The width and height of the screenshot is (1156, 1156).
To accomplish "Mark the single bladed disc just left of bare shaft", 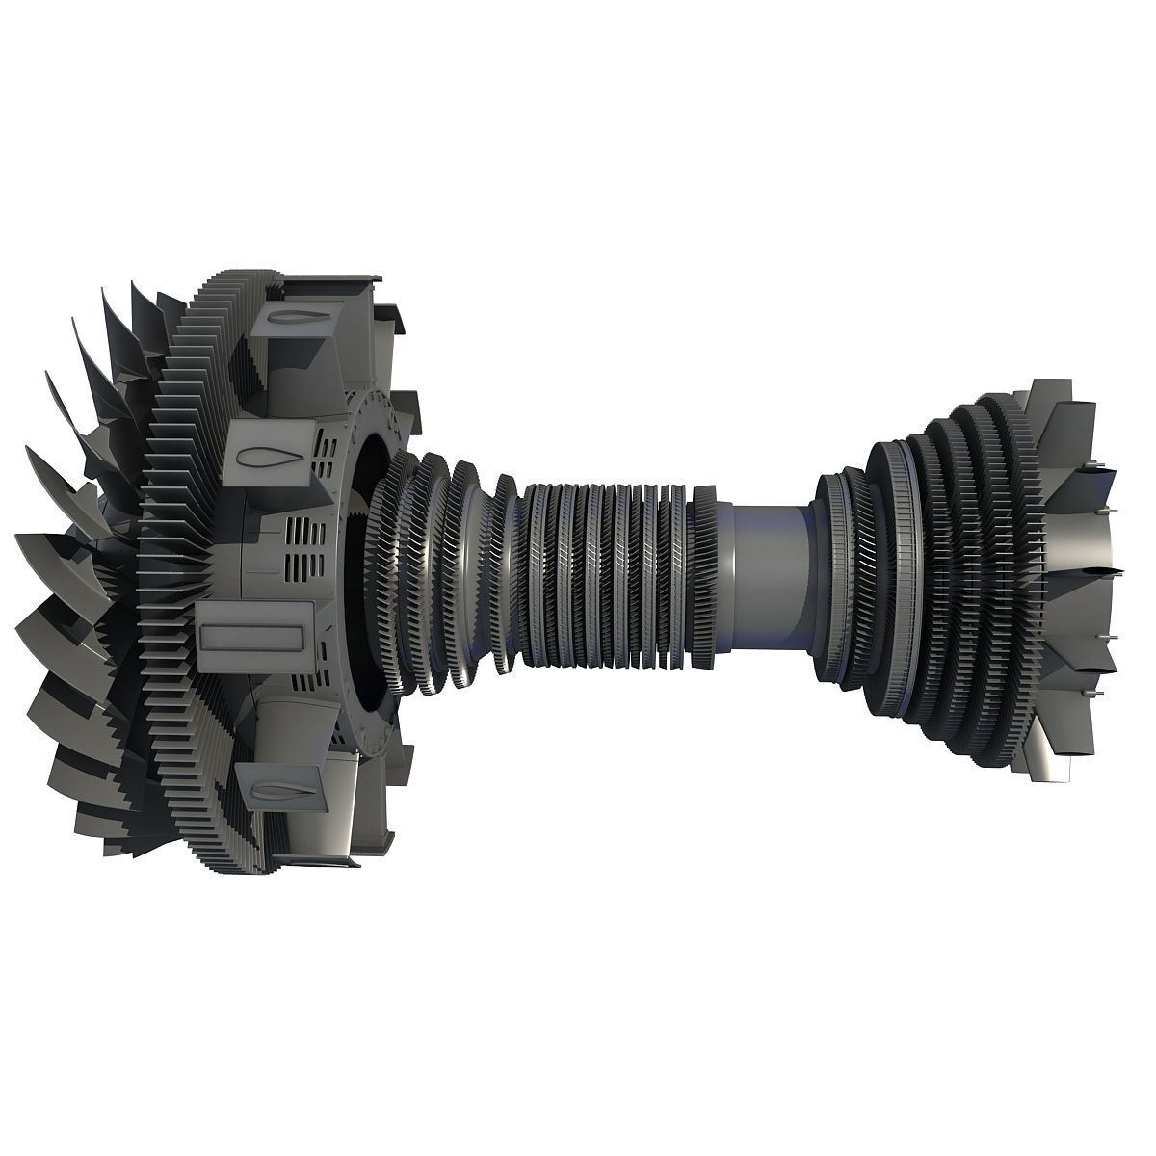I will click(703, 576).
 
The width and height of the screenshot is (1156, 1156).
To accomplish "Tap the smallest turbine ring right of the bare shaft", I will click(830, 578).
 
